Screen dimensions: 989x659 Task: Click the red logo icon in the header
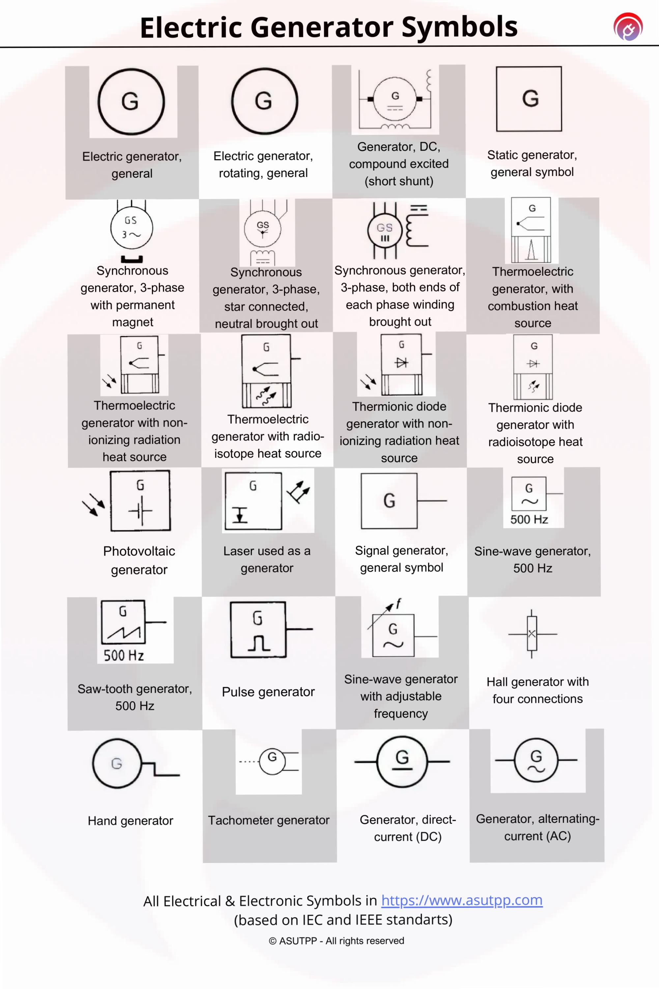click(628, 27)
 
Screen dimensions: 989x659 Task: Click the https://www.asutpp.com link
click(462, 900)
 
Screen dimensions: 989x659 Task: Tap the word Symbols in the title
click(459, 27)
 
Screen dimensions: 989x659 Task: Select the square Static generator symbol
click(529, 99)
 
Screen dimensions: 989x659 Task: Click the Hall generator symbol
click(532, 633)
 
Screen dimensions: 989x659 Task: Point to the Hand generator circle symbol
click(117, 763)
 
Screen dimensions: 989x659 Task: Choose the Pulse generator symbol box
click(258, 629)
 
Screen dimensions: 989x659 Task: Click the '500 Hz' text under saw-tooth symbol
click(124, 655)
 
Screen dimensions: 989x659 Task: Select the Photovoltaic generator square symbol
click(140, 500)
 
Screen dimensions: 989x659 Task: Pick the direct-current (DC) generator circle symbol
click(402, 761)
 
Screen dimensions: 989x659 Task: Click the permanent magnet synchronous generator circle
click(131, 227)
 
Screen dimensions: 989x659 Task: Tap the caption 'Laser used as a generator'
click(267, 559)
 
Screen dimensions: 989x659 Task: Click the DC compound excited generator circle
click(395, 99)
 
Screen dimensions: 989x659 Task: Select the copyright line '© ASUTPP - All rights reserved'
click(336, 941)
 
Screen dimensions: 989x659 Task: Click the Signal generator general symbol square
click(389, 500)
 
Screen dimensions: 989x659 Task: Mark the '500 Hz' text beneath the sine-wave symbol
click(529, 519)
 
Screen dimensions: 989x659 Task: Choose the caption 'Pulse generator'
click(268, 692)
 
